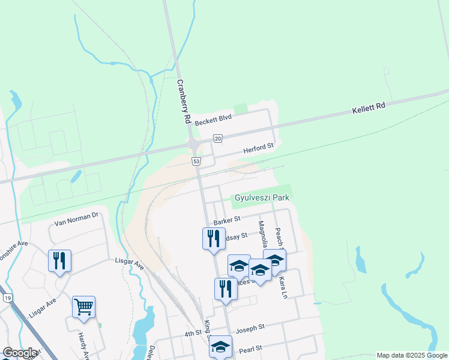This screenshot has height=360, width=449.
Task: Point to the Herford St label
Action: [x=258, y=147]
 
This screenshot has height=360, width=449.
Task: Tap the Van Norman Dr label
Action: [x=76, y=219]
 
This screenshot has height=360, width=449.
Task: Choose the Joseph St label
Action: [x=250, y=329]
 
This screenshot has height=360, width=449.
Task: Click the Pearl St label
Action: [x=250, y=348]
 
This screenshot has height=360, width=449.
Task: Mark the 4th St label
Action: [x=193, y=334]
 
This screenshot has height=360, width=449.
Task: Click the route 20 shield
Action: [x=217, y=139]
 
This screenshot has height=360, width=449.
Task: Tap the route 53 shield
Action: [x=196, y=161]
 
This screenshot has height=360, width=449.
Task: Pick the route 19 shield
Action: [x=7, y=297]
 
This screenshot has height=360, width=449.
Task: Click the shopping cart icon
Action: [x=83, y=307]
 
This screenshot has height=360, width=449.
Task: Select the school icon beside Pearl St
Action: [x=220, y=346]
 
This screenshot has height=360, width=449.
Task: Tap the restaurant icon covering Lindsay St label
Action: [x=214, y=238]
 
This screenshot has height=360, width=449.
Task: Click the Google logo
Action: [x=20, y=353]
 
